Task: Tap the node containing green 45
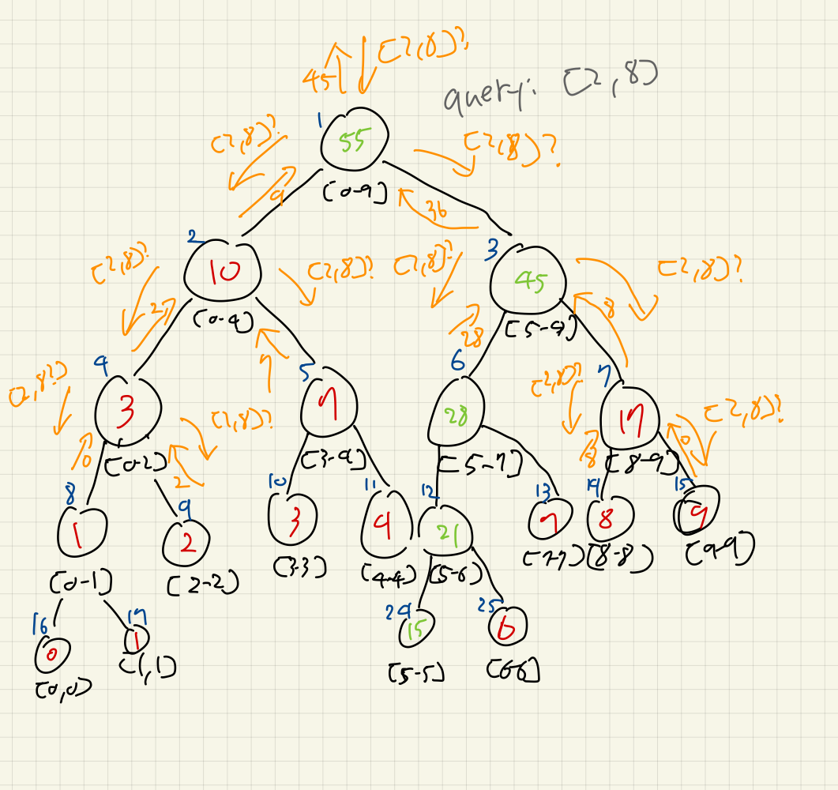coord(528,281)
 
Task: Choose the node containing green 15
coord(417,630)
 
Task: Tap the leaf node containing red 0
coord(53,653)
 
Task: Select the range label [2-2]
coord(203,584)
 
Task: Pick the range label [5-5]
coord(416,673)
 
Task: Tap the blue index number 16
coord(38,625)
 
